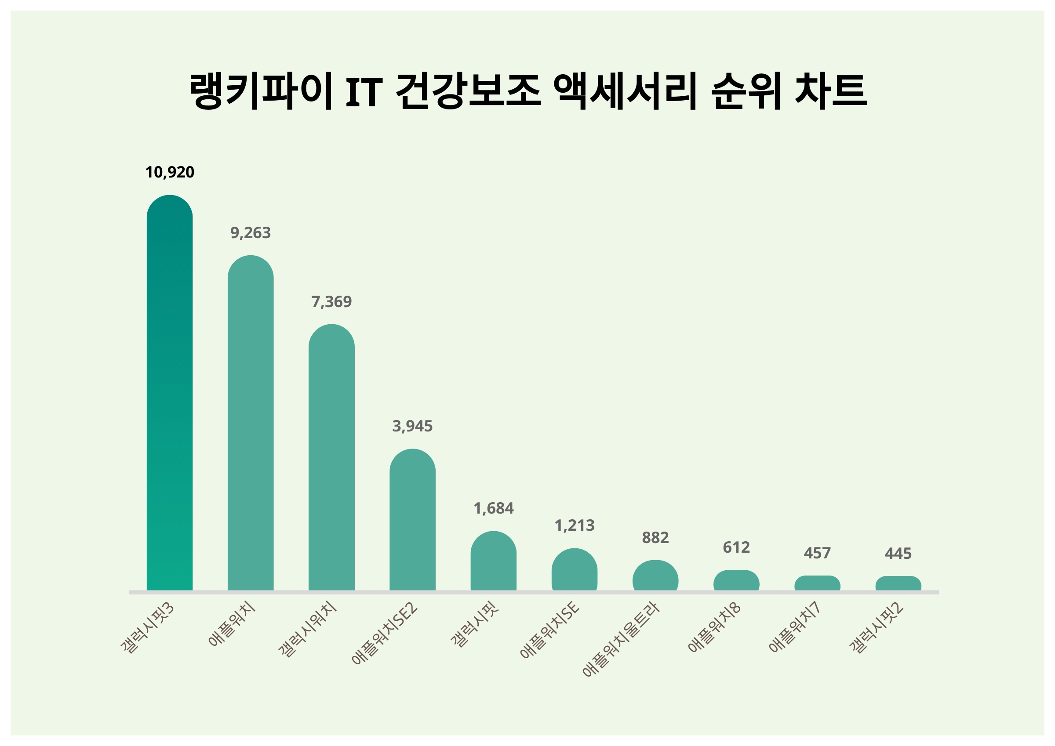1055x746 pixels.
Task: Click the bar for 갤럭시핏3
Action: click(170, 393)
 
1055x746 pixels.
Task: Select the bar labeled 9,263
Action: click(251, 423)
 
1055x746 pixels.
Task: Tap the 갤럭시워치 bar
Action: click(331, 457)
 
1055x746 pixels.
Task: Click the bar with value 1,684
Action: click(493, 561)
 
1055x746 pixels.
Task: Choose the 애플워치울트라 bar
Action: click(655, 576)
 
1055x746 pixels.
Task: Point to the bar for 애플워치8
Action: click(736, 580)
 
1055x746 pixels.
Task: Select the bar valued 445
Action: click(898, 583)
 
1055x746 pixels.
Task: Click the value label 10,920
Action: click(170, 172)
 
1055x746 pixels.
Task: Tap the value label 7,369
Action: click(331, 302)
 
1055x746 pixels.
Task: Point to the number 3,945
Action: click(412, 426)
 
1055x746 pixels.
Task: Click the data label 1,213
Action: click(575, 525)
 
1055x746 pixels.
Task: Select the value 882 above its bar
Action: click(655, 537)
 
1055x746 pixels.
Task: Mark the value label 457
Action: click(817, 553)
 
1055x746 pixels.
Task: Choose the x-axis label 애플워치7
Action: click(795, 627)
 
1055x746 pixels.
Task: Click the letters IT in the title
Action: click(364, 92)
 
